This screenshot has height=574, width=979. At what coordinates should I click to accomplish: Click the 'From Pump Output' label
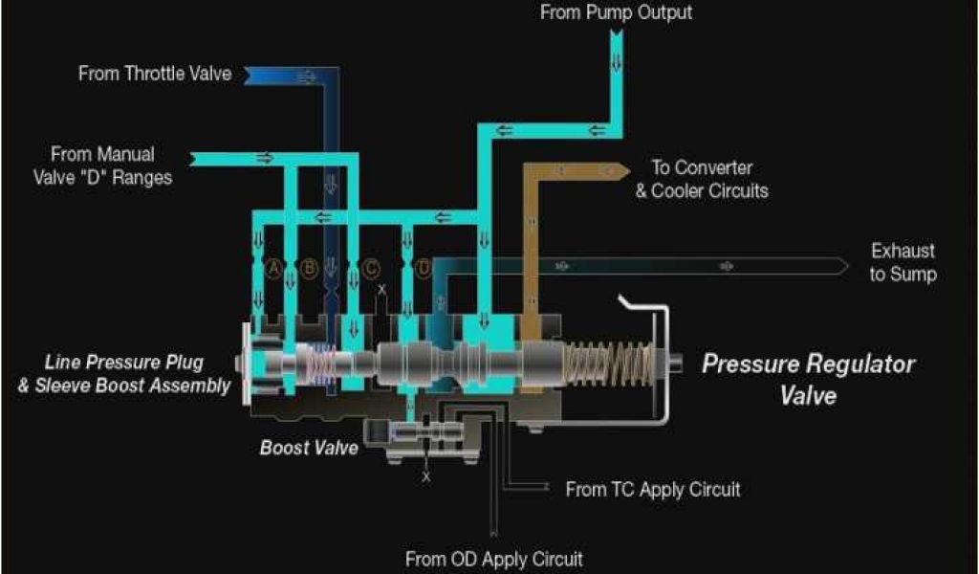pos(616,12)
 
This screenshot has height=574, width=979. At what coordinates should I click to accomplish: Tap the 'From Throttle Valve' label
pos(155,74)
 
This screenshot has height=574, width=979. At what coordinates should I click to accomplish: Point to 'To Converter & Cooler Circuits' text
pos(702,179)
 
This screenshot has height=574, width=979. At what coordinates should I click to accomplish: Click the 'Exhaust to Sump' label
pos(903,262)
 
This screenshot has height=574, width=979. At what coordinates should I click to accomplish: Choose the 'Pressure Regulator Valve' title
pos(808,379)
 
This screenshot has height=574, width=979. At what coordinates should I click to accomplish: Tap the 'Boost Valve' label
pos(309,447)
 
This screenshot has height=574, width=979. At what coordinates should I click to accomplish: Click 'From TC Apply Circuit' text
pos(653,490)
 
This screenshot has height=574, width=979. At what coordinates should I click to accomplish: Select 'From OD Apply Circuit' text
pos(493,559)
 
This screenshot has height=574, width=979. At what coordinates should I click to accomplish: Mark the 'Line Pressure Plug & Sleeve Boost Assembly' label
pos(138,374)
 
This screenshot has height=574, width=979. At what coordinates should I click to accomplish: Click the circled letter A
pos(274,269)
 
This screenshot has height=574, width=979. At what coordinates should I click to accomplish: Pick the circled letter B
pos(309,269)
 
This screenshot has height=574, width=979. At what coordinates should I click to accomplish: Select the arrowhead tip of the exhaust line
pos(844,266)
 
